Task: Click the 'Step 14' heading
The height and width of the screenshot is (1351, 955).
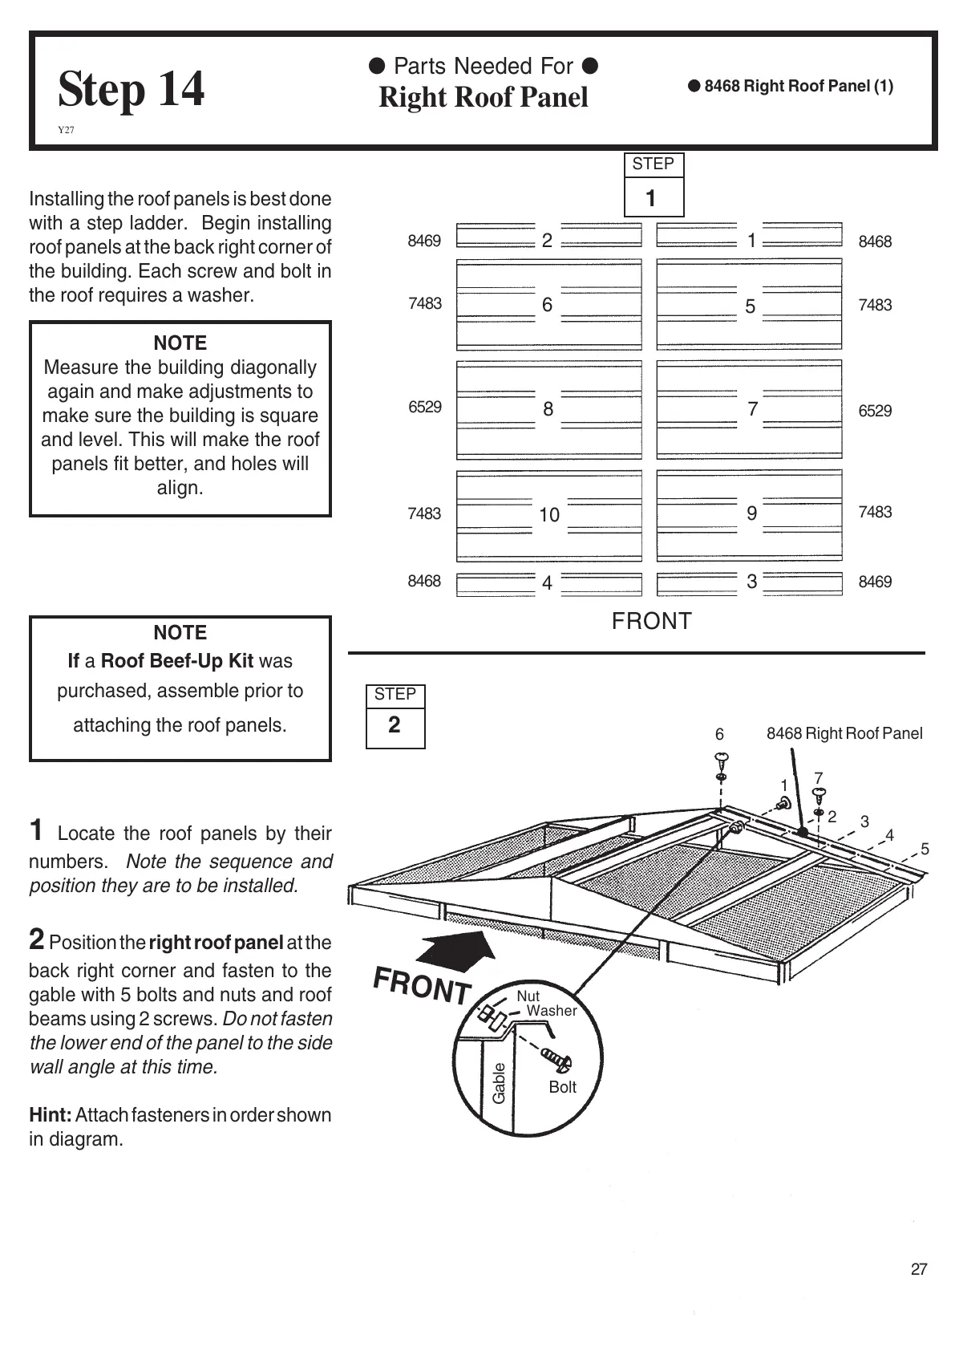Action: point(131,89)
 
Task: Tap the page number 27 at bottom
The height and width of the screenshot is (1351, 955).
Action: point(919,1269)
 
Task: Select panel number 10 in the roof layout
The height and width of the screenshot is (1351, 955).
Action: point(549,515)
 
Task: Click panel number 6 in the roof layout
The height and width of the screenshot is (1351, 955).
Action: point(547,305)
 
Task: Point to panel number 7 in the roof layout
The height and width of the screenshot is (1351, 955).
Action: point(752,409)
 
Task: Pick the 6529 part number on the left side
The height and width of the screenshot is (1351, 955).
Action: point(425,407)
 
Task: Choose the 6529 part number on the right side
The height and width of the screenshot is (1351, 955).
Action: point(875,411)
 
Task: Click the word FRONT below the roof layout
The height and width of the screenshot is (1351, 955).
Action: point(651,621)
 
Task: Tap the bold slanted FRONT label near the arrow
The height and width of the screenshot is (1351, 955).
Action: point(423,986)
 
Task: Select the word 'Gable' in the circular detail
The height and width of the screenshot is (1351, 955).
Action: point(499,1082)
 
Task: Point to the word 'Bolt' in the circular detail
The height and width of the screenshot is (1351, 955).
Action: point(562,1087)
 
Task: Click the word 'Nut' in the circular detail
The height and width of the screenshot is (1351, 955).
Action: point(528,996)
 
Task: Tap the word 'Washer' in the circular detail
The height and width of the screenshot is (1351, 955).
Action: point(552,1011)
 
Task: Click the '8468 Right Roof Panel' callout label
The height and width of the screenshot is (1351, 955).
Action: point(844,733)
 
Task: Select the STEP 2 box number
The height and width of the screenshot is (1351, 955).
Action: point(395,725)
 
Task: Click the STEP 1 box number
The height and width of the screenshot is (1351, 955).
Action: point(651,198)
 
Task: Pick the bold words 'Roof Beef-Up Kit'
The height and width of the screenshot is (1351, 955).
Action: point(177,661)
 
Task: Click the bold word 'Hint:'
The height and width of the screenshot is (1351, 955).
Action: point(51,1114)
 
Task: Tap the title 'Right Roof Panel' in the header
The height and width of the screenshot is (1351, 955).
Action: point(483,97)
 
